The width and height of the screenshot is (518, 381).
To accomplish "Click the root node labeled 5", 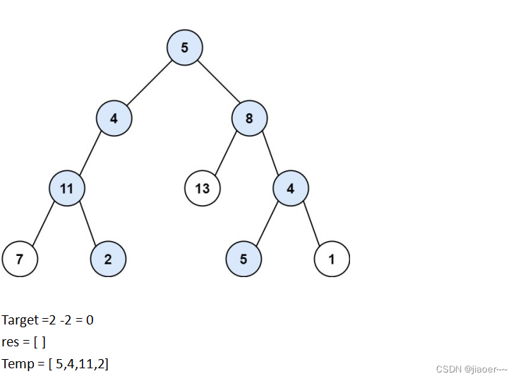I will [x=185, y=49].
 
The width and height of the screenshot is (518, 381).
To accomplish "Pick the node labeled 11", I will [x=67, y=189].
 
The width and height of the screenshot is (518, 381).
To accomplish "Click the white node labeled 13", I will [x=203, y=189].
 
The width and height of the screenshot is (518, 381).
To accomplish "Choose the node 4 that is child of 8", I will [x=291, y=189].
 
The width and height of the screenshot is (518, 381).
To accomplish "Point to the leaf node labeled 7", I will [x=20, y=259].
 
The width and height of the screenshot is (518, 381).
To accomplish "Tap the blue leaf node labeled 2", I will [x=108, y=259].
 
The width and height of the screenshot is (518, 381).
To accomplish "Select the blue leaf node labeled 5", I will [x=243, y=259].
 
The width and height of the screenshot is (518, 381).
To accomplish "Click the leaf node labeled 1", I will [x=332, y=259].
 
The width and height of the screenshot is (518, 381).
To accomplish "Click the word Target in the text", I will [x=20, y=320].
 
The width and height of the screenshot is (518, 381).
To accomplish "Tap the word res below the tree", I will [x=11, y=342].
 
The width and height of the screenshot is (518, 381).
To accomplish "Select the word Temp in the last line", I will [x=18, y=364].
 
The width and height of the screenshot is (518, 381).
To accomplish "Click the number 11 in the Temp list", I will [x=83, y=364].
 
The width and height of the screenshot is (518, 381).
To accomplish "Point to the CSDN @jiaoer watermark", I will [x=471, y=369].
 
